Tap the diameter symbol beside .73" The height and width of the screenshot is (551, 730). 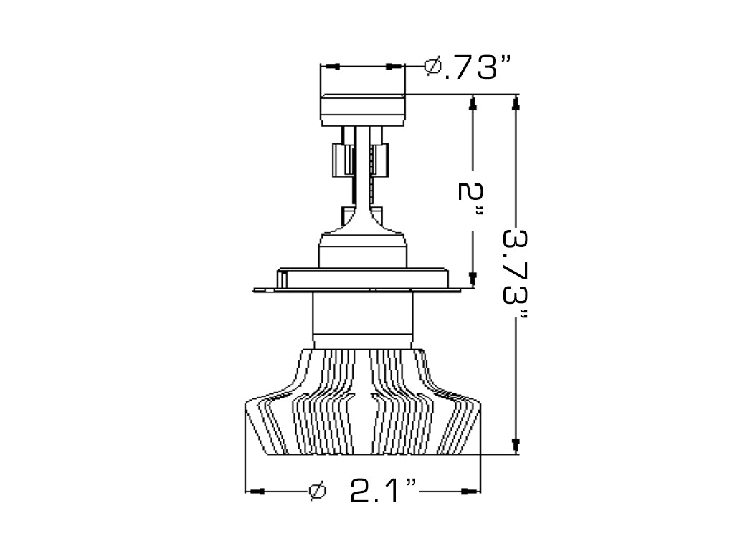click(x=433, y=67)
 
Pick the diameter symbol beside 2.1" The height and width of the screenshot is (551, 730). click(x=316, y=491)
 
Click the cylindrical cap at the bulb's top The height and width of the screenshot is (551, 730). click(x=362, y=110)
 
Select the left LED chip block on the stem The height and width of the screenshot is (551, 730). click(x=341, y=158)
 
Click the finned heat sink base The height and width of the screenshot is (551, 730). click(x=363, y=408)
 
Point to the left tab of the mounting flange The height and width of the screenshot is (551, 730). click(x=264, y=289)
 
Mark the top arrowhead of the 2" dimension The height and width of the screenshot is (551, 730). click(x=472, y=103)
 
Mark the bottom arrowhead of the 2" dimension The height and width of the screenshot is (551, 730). click(x=472, y=277)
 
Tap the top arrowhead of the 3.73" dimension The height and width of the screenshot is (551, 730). click(x=516, y=103)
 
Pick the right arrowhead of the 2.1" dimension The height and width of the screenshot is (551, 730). click(x=470, y=491)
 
